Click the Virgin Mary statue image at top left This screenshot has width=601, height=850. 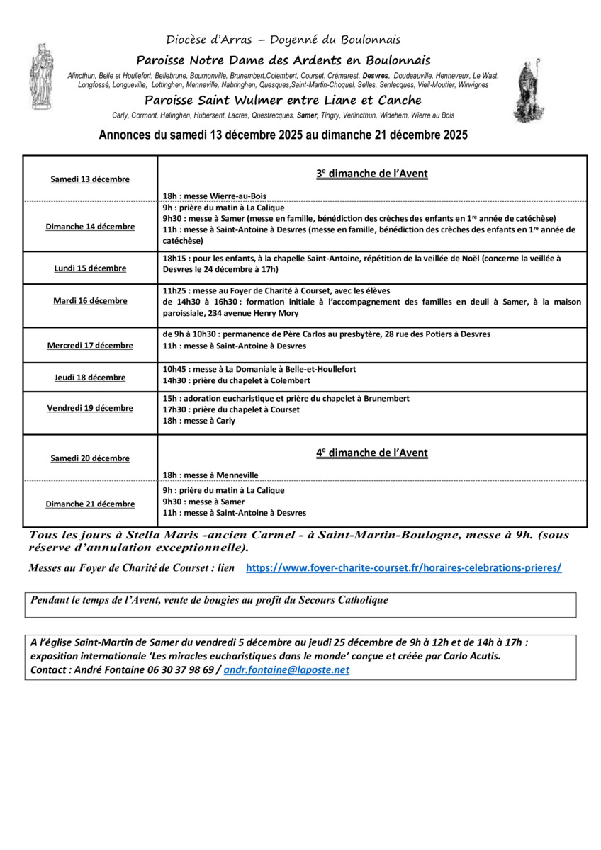(x=41, y=76)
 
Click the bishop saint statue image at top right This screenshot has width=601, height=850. (x=529, y=91)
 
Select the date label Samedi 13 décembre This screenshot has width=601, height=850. (x=90, y=179)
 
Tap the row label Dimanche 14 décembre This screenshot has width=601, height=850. (x=90, y=227)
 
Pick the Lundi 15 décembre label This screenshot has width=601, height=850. (x=90, y=268)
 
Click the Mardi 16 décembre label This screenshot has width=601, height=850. (x=90, y=301)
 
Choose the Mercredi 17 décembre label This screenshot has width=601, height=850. (x=90, y=346)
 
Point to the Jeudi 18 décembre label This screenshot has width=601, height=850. (x=90, y=378)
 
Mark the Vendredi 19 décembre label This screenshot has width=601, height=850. (x=90, y=408)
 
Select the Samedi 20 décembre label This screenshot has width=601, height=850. (x=90, y=458)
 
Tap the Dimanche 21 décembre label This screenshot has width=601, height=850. (x=90, y=504)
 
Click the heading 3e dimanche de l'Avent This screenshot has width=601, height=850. (x=372, y=174)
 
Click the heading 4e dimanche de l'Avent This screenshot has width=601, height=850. (x=372, y=453)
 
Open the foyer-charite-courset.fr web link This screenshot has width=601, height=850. (x=403, y=568)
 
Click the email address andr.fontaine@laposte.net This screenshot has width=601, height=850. (x=286, y=669)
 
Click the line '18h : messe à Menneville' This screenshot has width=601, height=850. (x=210, y=475)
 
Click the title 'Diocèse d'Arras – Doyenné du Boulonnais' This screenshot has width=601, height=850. (x=283, y=40)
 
